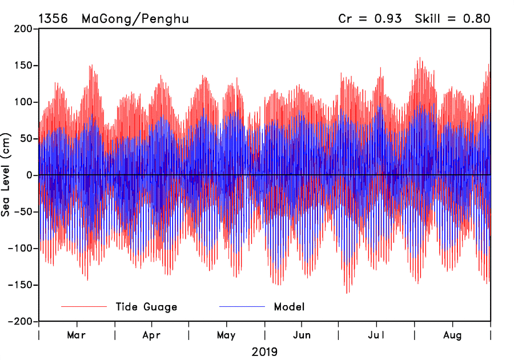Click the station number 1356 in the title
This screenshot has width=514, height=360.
point(53,18)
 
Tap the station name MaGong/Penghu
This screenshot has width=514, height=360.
point(135,18)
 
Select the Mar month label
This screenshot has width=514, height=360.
point(77,335)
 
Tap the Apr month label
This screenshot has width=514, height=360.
point(151,335)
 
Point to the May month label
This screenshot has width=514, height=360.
point(226,335)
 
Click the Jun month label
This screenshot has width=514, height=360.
point(302,335)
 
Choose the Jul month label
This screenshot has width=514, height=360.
point(376,335)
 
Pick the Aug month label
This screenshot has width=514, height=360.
point(453,335)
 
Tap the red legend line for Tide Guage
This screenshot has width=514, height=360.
point(84,307)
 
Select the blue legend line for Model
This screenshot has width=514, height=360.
point(242,307)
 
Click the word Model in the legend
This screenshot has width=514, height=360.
point(290,307)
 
